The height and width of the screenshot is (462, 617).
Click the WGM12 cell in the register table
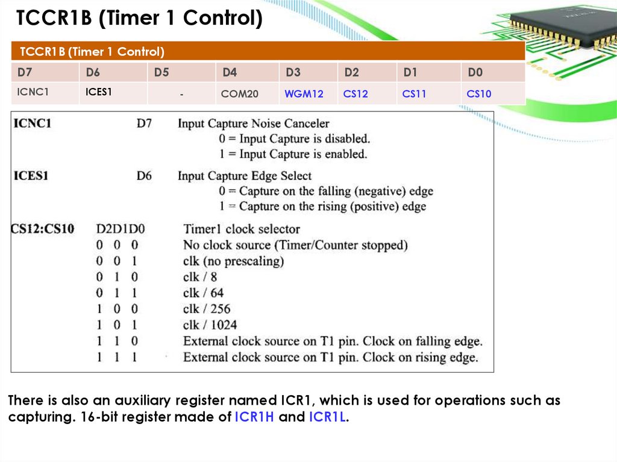tap(304, 94)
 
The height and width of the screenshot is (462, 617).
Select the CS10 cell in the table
tap(479, 94)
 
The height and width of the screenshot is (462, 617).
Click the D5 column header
tap(161, 73)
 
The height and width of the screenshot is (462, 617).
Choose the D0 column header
tap(475, 73)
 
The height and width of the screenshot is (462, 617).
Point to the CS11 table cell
tap(415, 94)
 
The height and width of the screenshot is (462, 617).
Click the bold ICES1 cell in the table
tap(99, 93)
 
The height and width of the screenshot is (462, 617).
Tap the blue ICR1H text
tap(254, 417)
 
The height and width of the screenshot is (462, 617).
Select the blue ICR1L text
tap(327, 417)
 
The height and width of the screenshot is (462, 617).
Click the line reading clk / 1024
tap(210, 325)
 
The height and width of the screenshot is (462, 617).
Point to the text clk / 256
tap(207, 308)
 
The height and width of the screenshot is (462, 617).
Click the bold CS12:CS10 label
tap(42, 229)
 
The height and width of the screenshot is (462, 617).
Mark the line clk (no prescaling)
tap(233, 261)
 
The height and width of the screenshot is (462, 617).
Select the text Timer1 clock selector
tap(241, 229)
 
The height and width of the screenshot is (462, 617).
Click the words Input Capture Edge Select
tap(245, 176)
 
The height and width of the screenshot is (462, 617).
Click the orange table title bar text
tap(92, 51)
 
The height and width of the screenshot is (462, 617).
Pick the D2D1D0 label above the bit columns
tap(121, 229)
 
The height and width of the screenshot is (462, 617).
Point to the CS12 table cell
tap(355, 94)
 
